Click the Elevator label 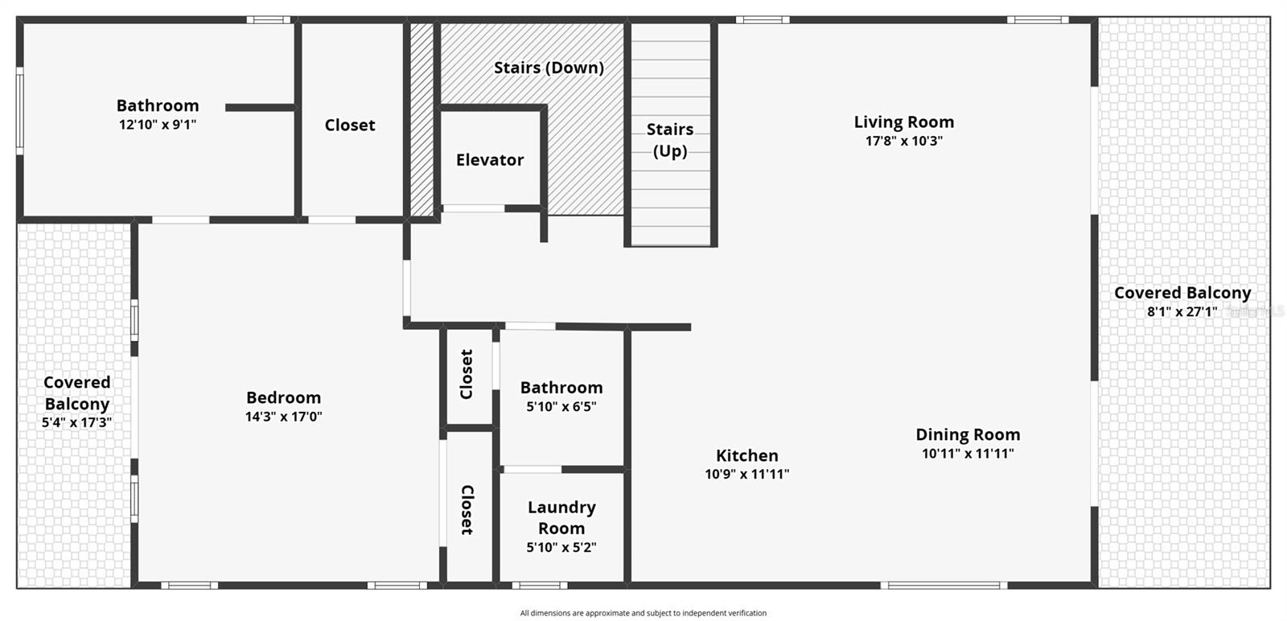tap(489, 160)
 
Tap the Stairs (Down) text tap(549, 68)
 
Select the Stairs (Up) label tap(670, 140)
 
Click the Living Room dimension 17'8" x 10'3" tap(903, 141)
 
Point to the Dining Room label tap(968, 434)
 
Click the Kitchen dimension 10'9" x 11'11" tap(746, 475)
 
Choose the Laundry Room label tap(561, 517)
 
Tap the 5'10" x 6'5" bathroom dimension tap(561, 407)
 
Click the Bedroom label tap(283, 397)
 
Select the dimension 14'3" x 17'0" tap(283, 417)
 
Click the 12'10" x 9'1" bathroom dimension tap(158, 125)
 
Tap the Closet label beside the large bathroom tap(350, 125)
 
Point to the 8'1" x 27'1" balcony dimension tap(1182, 312)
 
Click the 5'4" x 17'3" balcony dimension tap(76, 422)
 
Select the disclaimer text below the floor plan tap(643, 613)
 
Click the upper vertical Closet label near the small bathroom tap(467, 374)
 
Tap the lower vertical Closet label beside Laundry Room tap(467, 509)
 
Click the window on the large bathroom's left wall tap(20, 111)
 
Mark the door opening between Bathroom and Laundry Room tap(531, 469)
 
